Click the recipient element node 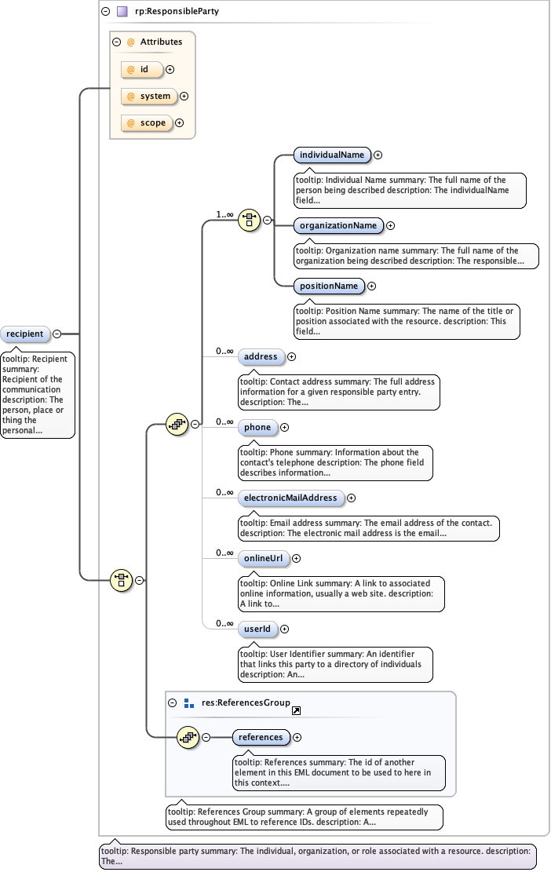point(25,334)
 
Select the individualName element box point(331,155)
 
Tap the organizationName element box point(338,225)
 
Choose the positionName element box point(330,286)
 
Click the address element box point(261,356)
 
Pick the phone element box point(257,427)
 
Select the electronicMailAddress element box point(290,498)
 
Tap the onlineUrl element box point(262,558)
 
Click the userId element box point(257,629)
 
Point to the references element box point(261,737)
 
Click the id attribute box point(143,69)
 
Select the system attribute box point(149,96)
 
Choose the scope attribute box point(147,122)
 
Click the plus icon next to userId point(284,629)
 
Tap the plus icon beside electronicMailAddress point(351,498)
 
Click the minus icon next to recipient point(57,334)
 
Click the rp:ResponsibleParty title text point(166,12)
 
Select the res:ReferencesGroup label point(246,702)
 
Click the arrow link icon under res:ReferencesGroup point(296,711)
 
